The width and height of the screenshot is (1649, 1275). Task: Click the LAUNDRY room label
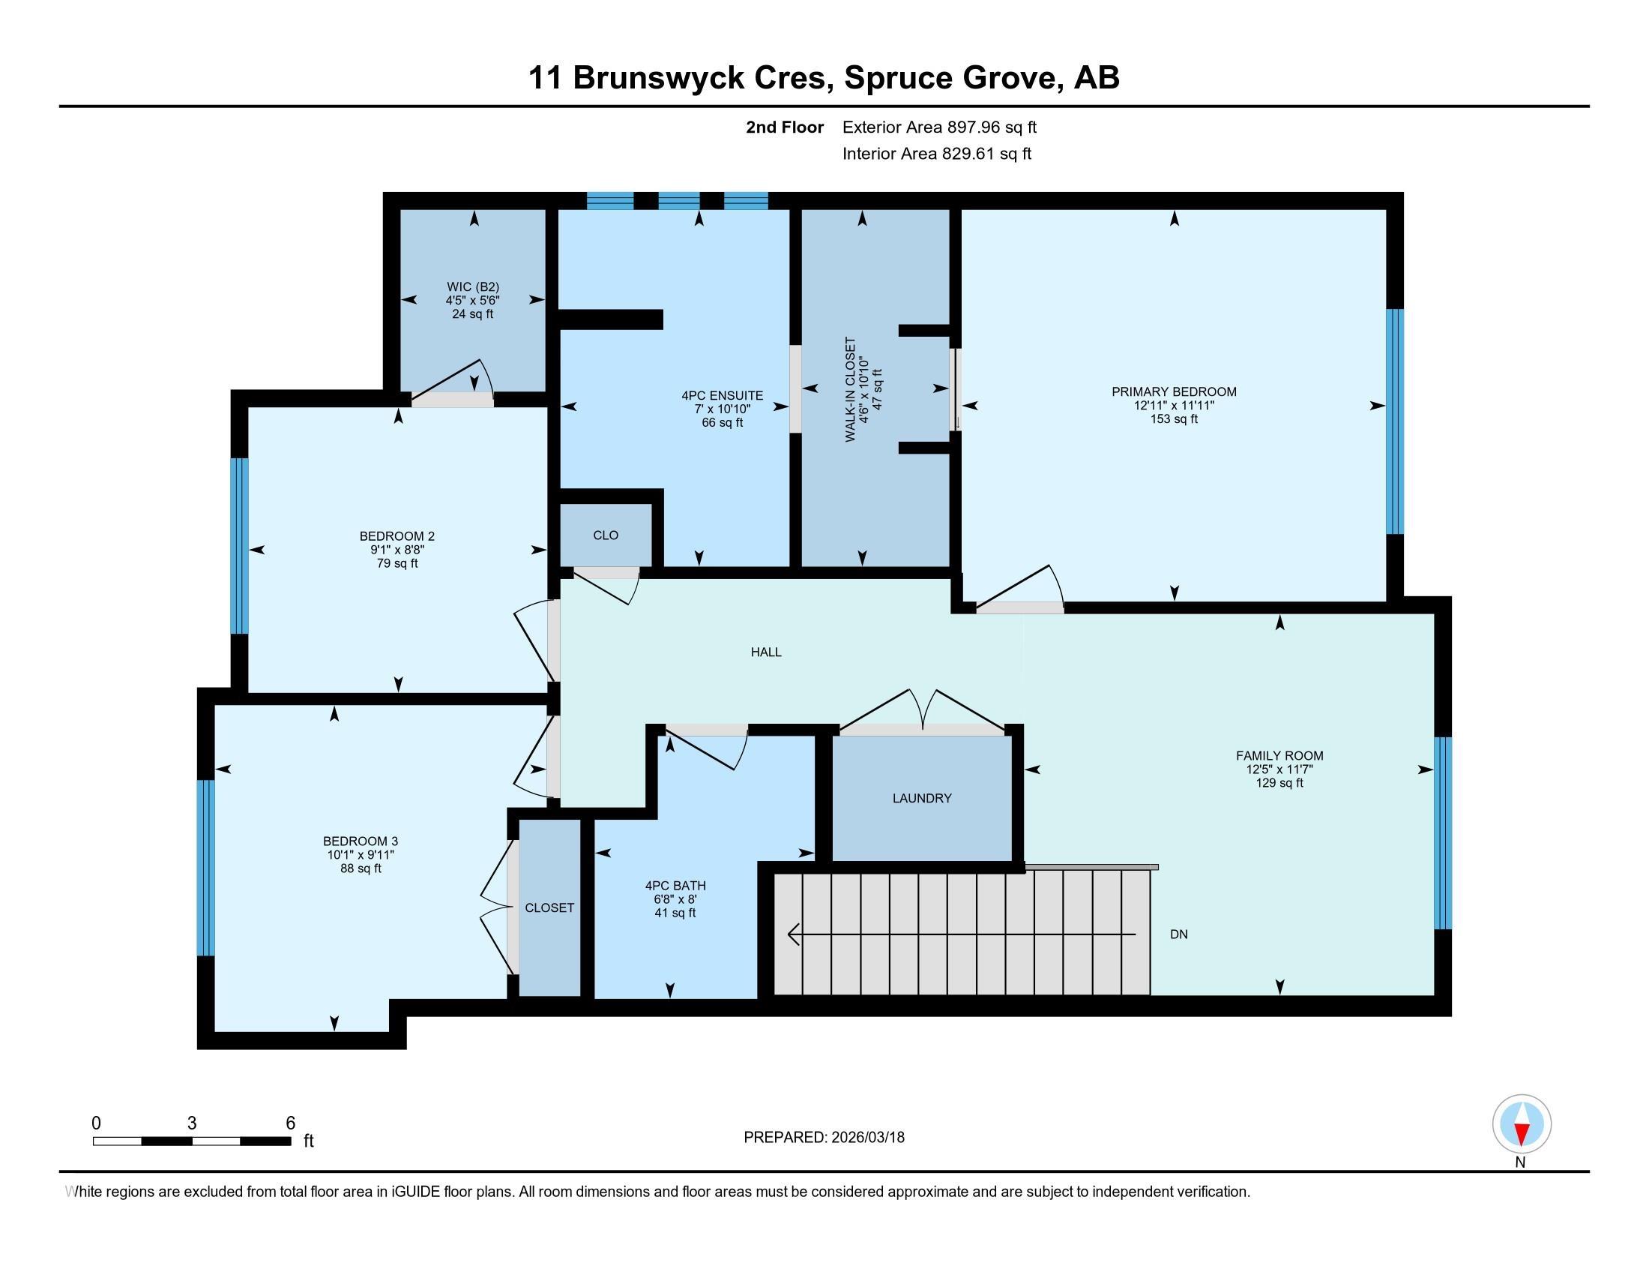921,799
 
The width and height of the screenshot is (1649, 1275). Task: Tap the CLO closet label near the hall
606,535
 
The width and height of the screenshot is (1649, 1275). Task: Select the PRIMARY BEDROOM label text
1173,392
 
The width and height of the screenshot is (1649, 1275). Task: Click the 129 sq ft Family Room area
1279,783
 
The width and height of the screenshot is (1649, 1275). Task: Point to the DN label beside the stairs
1178,934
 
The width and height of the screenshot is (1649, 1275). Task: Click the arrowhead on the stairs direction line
793,934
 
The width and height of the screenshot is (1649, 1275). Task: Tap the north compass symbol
1522,1124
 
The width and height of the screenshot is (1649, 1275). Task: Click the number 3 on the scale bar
192,1123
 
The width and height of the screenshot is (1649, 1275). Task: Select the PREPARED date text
824,1138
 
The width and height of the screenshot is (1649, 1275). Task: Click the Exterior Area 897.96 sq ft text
939,127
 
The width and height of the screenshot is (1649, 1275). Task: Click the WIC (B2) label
473,287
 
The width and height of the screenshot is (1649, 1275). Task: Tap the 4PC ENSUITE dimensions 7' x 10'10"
722,409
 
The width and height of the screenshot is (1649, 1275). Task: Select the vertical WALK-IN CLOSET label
850,390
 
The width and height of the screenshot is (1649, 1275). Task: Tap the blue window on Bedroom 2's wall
239,545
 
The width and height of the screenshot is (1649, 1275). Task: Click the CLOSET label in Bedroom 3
549,908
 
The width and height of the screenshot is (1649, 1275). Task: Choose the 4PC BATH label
675,886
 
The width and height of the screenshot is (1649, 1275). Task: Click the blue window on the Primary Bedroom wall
1395,421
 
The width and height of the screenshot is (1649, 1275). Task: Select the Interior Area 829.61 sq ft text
936,154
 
